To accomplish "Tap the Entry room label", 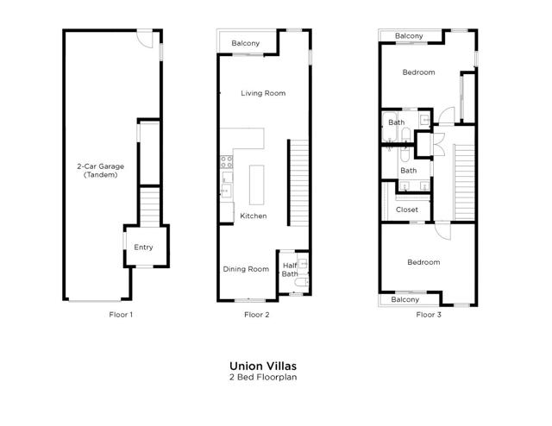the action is tap(143, 247).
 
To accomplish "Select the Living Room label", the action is tap(263, 93).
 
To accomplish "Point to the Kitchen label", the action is tap(253, 216).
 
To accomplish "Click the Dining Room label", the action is tap(246, 269).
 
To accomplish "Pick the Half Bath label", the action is tap(290, 270).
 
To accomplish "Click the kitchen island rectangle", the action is tap(257, 185).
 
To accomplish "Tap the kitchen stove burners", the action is tap(227, 162).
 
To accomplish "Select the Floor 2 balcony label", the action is tap(245, 43).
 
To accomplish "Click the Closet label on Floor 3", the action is tap(406, 210).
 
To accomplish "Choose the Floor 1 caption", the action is tap(121, 315).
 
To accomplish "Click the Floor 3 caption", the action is tap(429, 315).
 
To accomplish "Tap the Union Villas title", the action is tap(263, 366).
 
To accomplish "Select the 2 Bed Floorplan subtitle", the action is tap(263, 377).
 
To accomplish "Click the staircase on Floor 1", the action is tap(150, 207).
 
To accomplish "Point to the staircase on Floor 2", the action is tap(299, 183).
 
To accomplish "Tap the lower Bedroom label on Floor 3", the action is tap(423, 262).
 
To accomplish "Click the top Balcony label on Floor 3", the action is tap(409, 36).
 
